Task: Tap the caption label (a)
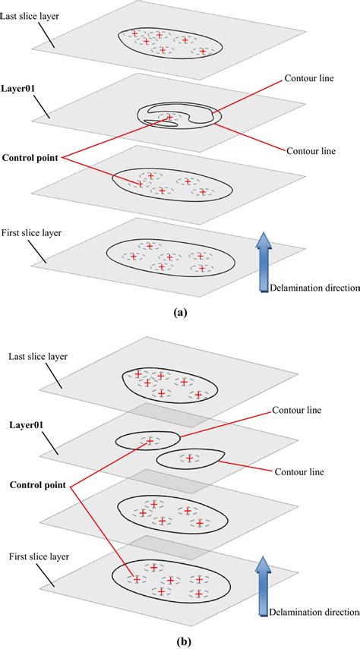(x=180, y=311)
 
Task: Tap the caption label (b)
(x=180, y=639)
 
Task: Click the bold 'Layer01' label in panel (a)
(x=19, y=88)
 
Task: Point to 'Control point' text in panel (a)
(x=31, y=158)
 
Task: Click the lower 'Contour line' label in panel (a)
(x=309, y=150)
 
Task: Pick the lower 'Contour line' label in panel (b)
(x=298, y=472)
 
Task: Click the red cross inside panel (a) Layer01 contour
(x=170, y=116)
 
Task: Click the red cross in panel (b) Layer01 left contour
(x=150, y=440)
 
